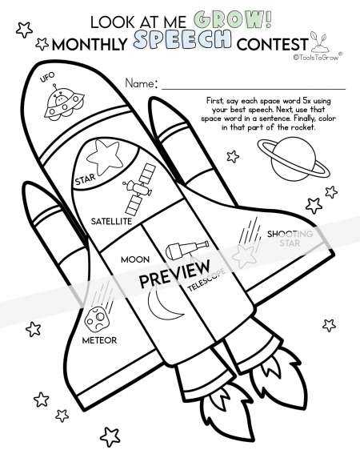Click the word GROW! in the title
pyautogui.click(x=232, y=20)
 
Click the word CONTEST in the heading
pyautogui.click(x=272, y=44)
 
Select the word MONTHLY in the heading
pyautogui.click(x=90, y=45)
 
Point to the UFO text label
pyautogui.click(x=47, y=77)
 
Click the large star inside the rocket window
pyautogui.click(x=105, y=157)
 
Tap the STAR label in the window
pyautogui.click(x=86, y=179)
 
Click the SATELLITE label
pyautogui.click(x=111, y=221)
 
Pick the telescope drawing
pyautogui.click(x=186, y=249)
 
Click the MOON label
pyautogui.click(x=135, y=259)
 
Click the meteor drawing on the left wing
pyautogui.click(x=97, y=318)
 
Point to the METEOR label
pyautogui.click(x=99, y=340)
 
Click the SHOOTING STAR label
pyautogui.click(x=290, y=239)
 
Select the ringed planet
pyautogui.click(x=294, y=159)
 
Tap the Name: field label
pyautogui.click(x=141, y=83)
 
